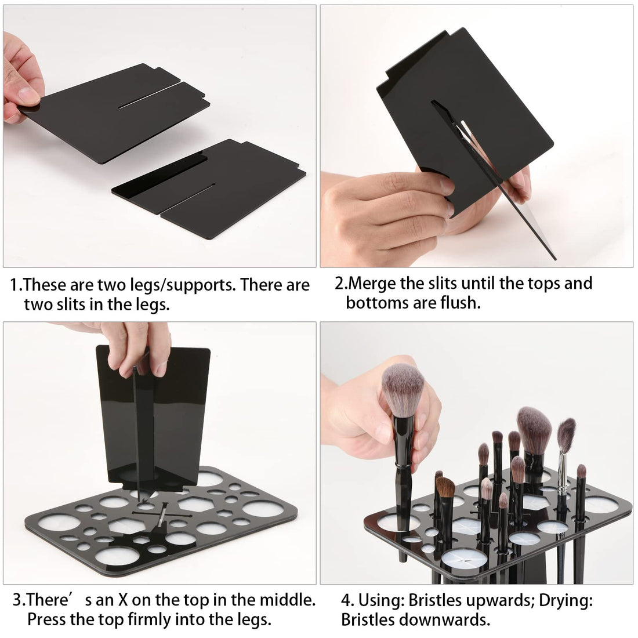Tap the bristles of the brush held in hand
coord(403,390)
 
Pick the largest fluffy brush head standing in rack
coord(534,426)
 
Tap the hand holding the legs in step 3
coord(130,348)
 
